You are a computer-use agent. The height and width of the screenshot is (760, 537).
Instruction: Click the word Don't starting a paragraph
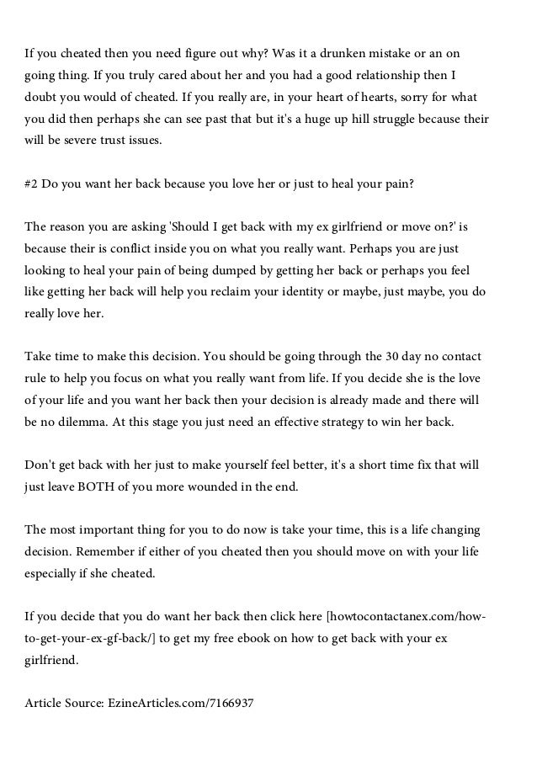pos(40,465)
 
